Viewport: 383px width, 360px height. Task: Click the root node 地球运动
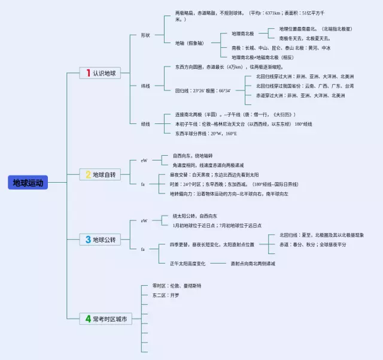point(28,183)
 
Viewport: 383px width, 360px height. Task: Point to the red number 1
point(88,73)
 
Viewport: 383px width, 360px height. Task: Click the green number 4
point(88,319)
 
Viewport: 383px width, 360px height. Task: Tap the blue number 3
point(88,240)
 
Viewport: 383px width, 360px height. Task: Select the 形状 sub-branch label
point(145,35)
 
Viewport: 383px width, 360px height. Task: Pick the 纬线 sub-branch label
point(145,86)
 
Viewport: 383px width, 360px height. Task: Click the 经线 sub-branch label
point(145,124)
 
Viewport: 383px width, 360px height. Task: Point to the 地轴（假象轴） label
point(190,43)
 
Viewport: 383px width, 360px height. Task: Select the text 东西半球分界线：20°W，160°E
point(206,134)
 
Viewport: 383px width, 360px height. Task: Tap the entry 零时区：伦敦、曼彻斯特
point(177,286)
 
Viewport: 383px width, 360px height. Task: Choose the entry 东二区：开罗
point(166,295)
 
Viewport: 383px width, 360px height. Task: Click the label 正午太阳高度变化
point(187,263)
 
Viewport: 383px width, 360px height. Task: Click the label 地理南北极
point(243,34)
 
